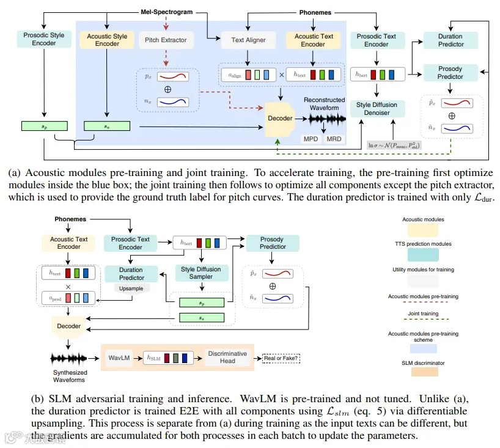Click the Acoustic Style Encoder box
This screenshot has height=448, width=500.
click(x=108, y=40)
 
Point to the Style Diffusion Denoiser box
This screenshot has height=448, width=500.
click(x=377, y=109)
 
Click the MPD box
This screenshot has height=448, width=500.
click(x=311, y=139)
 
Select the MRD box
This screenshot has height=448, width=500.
click(x=334, y=139)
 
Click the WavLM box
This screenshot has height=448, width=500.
click(x=120, y=356)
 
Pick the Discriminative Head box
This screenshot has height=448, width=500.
click(x=227, y=357)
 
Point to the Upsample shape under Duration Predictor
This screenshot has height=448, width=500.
click(x=131, y=288)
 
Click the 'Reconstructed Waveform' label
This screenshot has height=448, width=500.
click(x=324, y=104)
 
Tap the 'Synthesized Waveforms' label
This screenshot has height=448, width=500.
click(x=70, y=376)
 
